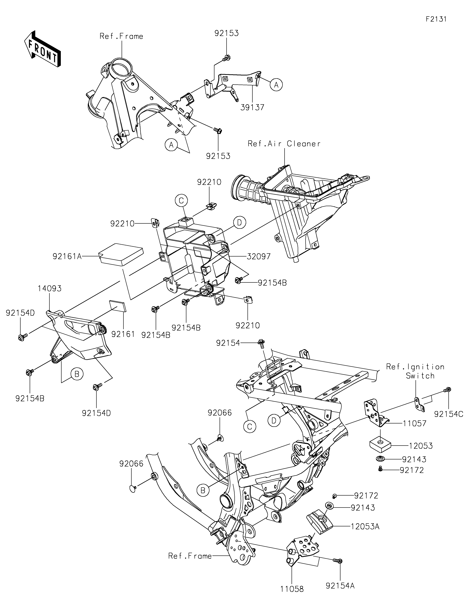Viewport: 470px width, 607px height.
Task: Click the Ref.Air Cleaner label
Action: tap(284, 144)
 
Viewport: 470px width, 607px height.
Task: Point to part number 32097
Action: tap(258, 256)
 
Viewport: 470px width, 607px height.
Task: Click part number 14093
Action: tap(50, 289)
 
